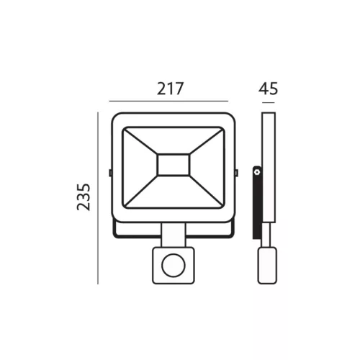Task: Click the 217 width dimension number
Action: point(170,89)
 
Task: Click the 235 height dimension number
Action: point(84,197)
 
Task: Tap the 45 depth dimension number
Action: point(268,89)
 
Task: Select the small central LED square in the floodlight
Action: point(174,165)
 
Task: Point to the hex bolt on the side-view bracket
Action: point(257,172)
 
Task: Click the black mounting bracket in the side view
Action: point(257,202)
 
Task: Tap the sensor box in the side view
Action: point(267,266)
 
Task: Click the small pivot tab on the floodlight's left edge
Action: point(110,173)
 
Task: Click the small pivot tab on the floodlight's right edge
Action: point(236,173)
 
